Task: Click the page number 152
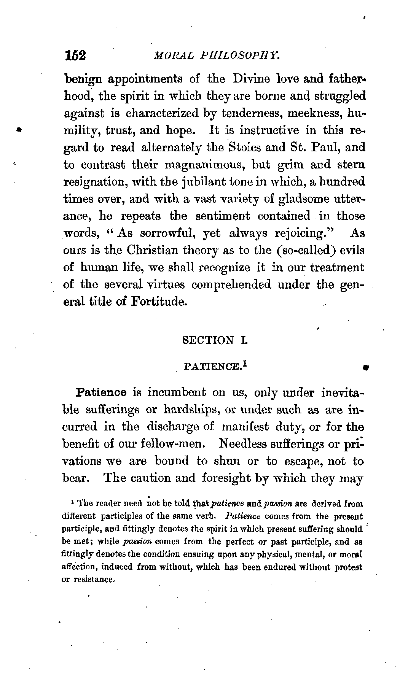pos(76,56)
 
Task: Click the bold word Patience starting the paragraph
pos(102,392)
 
